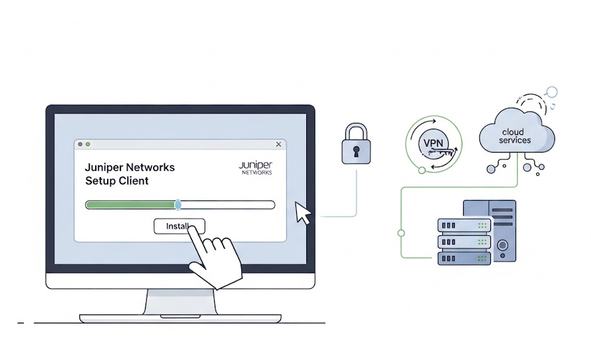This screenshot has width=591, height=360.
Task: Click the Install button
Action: coord(179,226)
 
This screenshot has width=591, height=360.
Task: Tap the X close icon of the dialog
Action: coord(278,144)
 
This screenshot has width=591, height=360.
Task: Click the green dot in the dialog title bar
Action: coord(88,144)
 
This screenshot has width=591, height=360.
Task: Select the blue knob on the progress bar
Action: coord(178,205)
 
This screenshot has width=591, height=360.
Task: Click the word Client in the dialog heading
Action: coord(134,181)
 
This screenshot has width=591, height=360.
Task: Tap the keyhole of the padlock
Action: coord(356,151)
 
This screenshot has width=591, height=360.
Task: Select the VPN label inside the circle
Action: coord(433,143)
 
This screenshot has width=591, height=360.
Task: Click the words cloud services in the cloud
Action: coord(515,136)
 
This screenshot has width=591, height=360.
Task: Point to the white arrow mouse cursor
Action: coord(302,213)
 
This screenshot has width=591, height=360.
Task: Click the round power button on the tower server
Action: coord(502,244)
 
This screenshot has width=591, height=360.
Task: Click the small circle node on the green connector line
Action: coord(401,233)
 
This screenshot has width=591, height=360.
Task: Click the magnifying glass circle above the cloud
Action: coord(552,92)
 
